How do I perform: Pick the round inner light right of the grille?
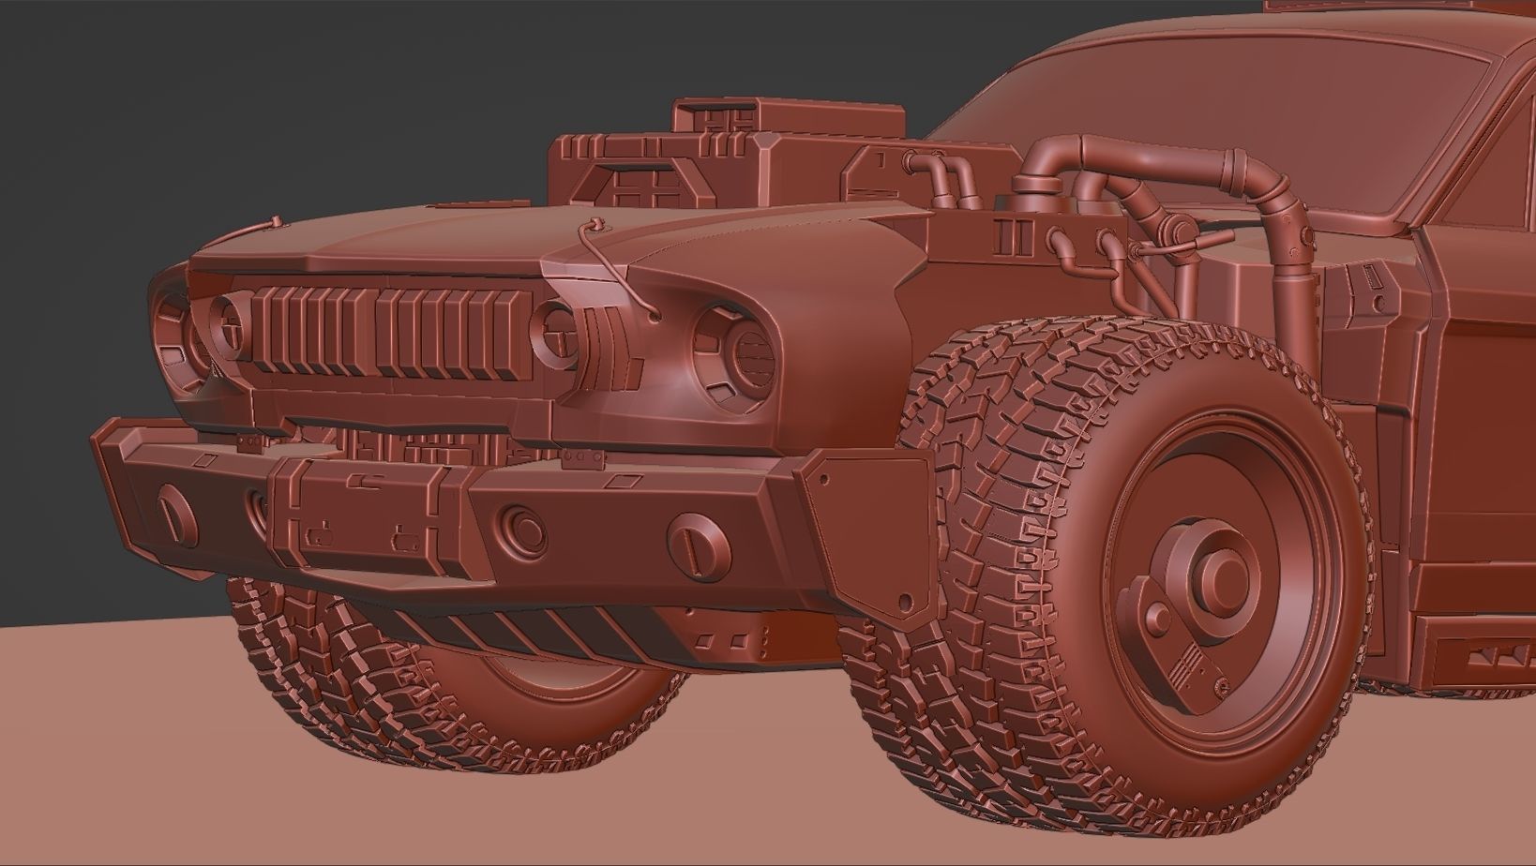(x=553, y=331)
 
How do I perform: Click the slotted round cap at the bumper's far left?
(x=177, y=509)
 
